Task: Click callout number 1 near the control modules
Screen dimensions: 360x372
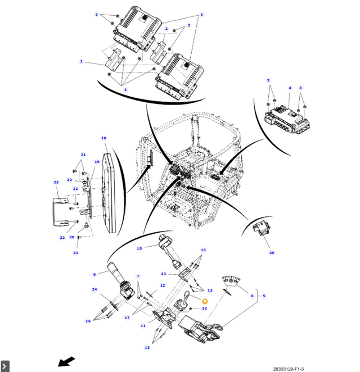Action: [201, 15]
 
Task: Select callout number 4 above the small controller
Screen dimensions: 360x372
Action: [290, 88]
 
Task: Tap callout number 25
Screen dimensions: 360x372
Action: [272, 253]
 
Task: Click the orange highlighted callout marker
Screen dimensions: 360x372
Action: [205, 301]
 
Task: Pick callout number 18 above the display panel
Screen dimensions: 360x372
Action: [103, 138]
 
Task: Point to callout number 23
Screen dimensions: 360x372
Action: [56, 182]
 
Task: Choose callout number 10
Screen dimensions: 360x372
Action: [139, 248]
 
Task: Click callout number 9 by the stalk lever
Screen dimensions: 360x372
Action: [94, 274]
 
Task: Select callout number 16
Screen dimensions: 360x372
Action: [88, 321]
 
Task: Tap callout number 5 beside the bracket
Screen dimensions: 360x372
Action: [264, 296]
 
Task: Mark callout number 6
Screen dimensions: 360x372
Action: [252, 296]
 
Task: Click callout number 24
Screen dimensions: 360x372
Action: [94, 289]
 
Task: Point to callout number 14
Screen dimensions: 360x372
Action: [164, 274]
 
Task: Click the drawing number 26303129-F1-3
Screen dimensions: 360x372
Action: [289, 369]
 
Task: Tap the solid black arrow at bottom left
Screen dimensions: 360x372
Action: [66, 361]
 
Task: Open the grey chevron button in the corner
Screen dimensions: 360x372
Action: [4, 366]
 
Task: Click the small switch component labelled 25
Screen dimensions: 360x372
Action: [261, 228]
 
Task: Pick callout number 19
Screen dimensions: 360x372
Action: [97, 162]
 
